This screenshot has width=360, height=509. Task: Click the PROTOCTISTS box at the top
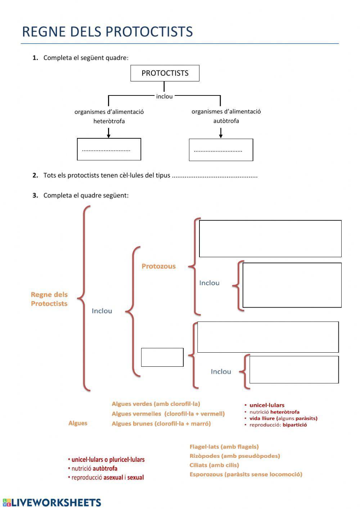pyautogui.click(x=165, y=73)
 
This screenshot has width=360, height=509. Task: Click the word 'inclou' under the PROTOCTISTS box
pyautogui.click(x=164, y=97)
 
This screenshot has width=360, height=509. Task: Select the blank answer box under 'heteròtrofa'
pyautogui.click(x=109, y=149)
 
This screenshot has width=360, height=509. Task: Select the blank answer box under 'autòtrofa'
pyautogui.click(x=221, y=150)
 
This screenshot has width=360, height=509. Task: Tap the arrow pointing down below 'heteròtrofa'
pyautogui.click(x=108, y=134)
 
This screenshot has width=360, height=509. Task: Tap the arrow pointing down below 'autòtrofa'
pyautogui.click(x=221, y=134)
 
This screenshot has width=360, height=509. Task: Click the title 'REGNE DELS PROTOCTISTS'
pyautogui.click(x=107, y=32)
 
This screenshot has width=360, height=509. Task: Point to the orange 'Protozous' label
pyautogui.click(x=158, y=266)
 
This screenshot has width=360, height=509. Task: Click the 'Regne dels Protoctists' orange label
pyautogui.click(x=49, y=299)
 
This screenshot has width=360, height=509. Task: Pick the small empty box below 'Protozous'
pyautogui.click(x=162, y=357)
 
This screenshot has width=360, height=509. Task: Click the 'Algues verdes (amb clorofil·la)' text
pyautogui.click(x=156, y=404)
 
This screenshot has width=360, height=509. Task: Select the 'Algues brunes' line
pyautogui.click(x=161, y=424)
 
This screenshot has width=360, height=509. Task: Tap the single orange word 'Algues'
pyautogui.click(x=78, y=423)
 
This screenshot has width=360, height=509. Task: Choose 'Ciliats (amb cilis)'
pyautogui.click(x=214, y=465)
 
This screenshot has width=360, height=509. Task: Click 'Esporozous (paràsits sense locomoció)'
pyautogui.click(x=246, y=474)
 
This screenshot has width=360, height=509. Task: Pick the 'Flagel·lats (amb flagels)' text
pyautogui.click(x=224, y=447)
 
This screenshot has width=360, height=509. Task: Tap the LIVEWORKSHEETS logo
pyautogui.click(x=52, y=503)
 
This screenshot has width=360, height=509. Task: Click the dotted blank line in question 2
pyautogui.click(x=215, y=176)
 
